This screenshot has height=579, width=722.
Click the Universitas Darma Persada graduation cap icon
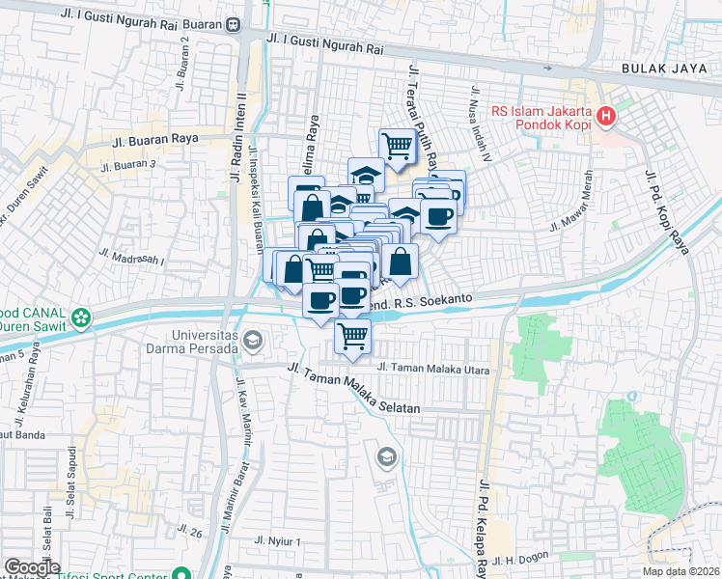point(253,339)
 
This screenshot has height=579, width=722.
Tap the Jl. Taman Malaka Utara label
point(426,369)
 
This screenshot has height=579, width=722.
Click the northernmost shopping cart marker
point(396,146)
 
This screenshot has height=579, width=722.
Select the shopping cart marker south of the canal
point(353,337)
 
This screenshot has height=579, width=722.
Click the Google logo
point(32,567)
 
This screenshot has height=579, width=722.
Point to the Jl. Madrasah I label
point(131,256)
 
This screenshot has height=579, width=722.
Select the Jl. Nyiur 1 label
point(279,541)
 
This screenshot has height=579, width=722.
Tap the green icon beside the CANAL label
point(81,316)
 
